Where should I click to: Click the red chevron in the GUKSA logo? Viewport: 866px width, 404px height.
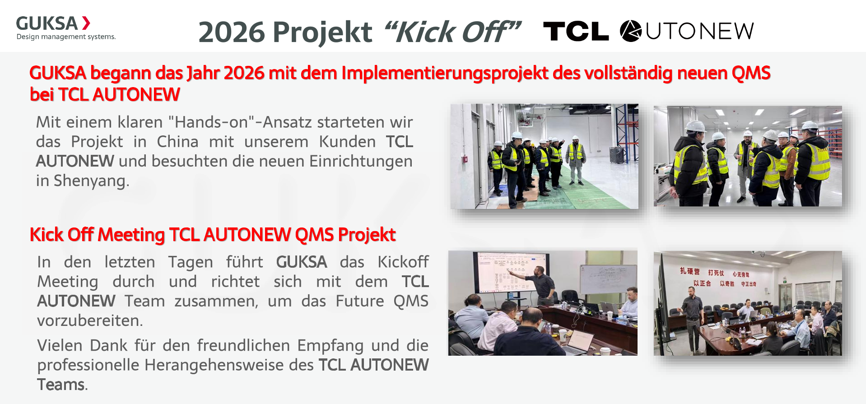tap(86, 23)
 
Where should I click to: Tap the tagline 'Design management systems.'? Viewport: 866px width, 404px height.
tap(66, 37)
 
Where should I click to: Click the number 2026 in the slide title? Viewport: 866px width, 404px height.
tap(231, 32)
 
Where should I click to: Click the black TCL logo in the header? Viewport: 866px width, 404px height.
tap(576, 31)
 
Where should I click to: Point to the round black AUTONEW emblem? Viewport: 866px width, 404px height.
tap(630, 31)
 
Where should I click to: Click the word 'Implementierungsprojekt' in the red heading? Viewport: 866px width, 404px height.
tap(445, 73)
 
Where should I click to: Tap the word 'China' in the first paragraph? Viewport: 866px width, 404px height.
tap(177, 142)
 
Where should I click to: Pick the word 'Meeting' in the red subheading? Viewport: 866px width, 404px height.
tap(131, 235)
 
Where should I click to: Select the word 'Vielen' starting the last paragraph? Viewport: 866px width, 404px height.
tap(60, 345)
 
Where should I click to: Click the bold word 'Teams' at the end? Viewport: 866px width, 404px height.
tap(61, 385)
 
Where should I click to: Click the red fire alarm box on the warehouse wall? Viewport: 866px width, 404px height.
tap(464, 159)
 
